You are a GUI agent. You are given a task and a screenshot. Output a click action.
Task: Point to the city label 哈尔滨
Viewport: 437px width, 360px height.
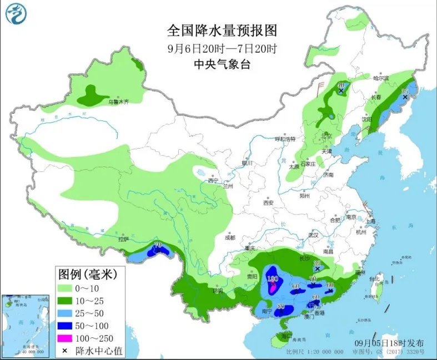click(x=382, y=78)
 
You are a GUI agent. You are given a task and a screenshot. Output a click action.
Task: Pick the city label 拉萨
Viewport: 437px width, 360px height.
click(x=123, y=239)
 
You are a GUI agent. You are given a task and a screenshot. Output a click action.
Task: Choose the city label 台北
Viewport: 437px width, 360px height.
click(x=381, y=278)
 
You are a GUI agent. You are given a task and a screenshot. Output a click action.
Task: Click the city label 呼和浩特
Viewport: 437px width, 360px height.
click(x=286, y=139)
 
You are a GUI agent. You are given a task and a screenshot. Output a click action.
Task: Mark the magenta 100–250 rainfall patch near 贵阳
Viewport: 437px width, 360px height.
click(x=273, y=286)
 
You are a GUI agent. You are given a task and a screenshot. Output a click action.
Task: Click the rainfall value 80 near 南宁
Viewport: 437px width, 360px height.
click(x=281, y=307)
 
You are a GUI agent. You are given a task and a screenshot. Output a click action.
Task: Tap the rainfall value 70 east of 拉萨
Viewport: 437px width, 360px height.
click(x=158, y=245)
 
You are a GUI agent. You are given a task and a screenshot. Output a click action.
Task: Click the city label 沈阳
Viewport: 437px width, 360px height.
click(x=366, y=119)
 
